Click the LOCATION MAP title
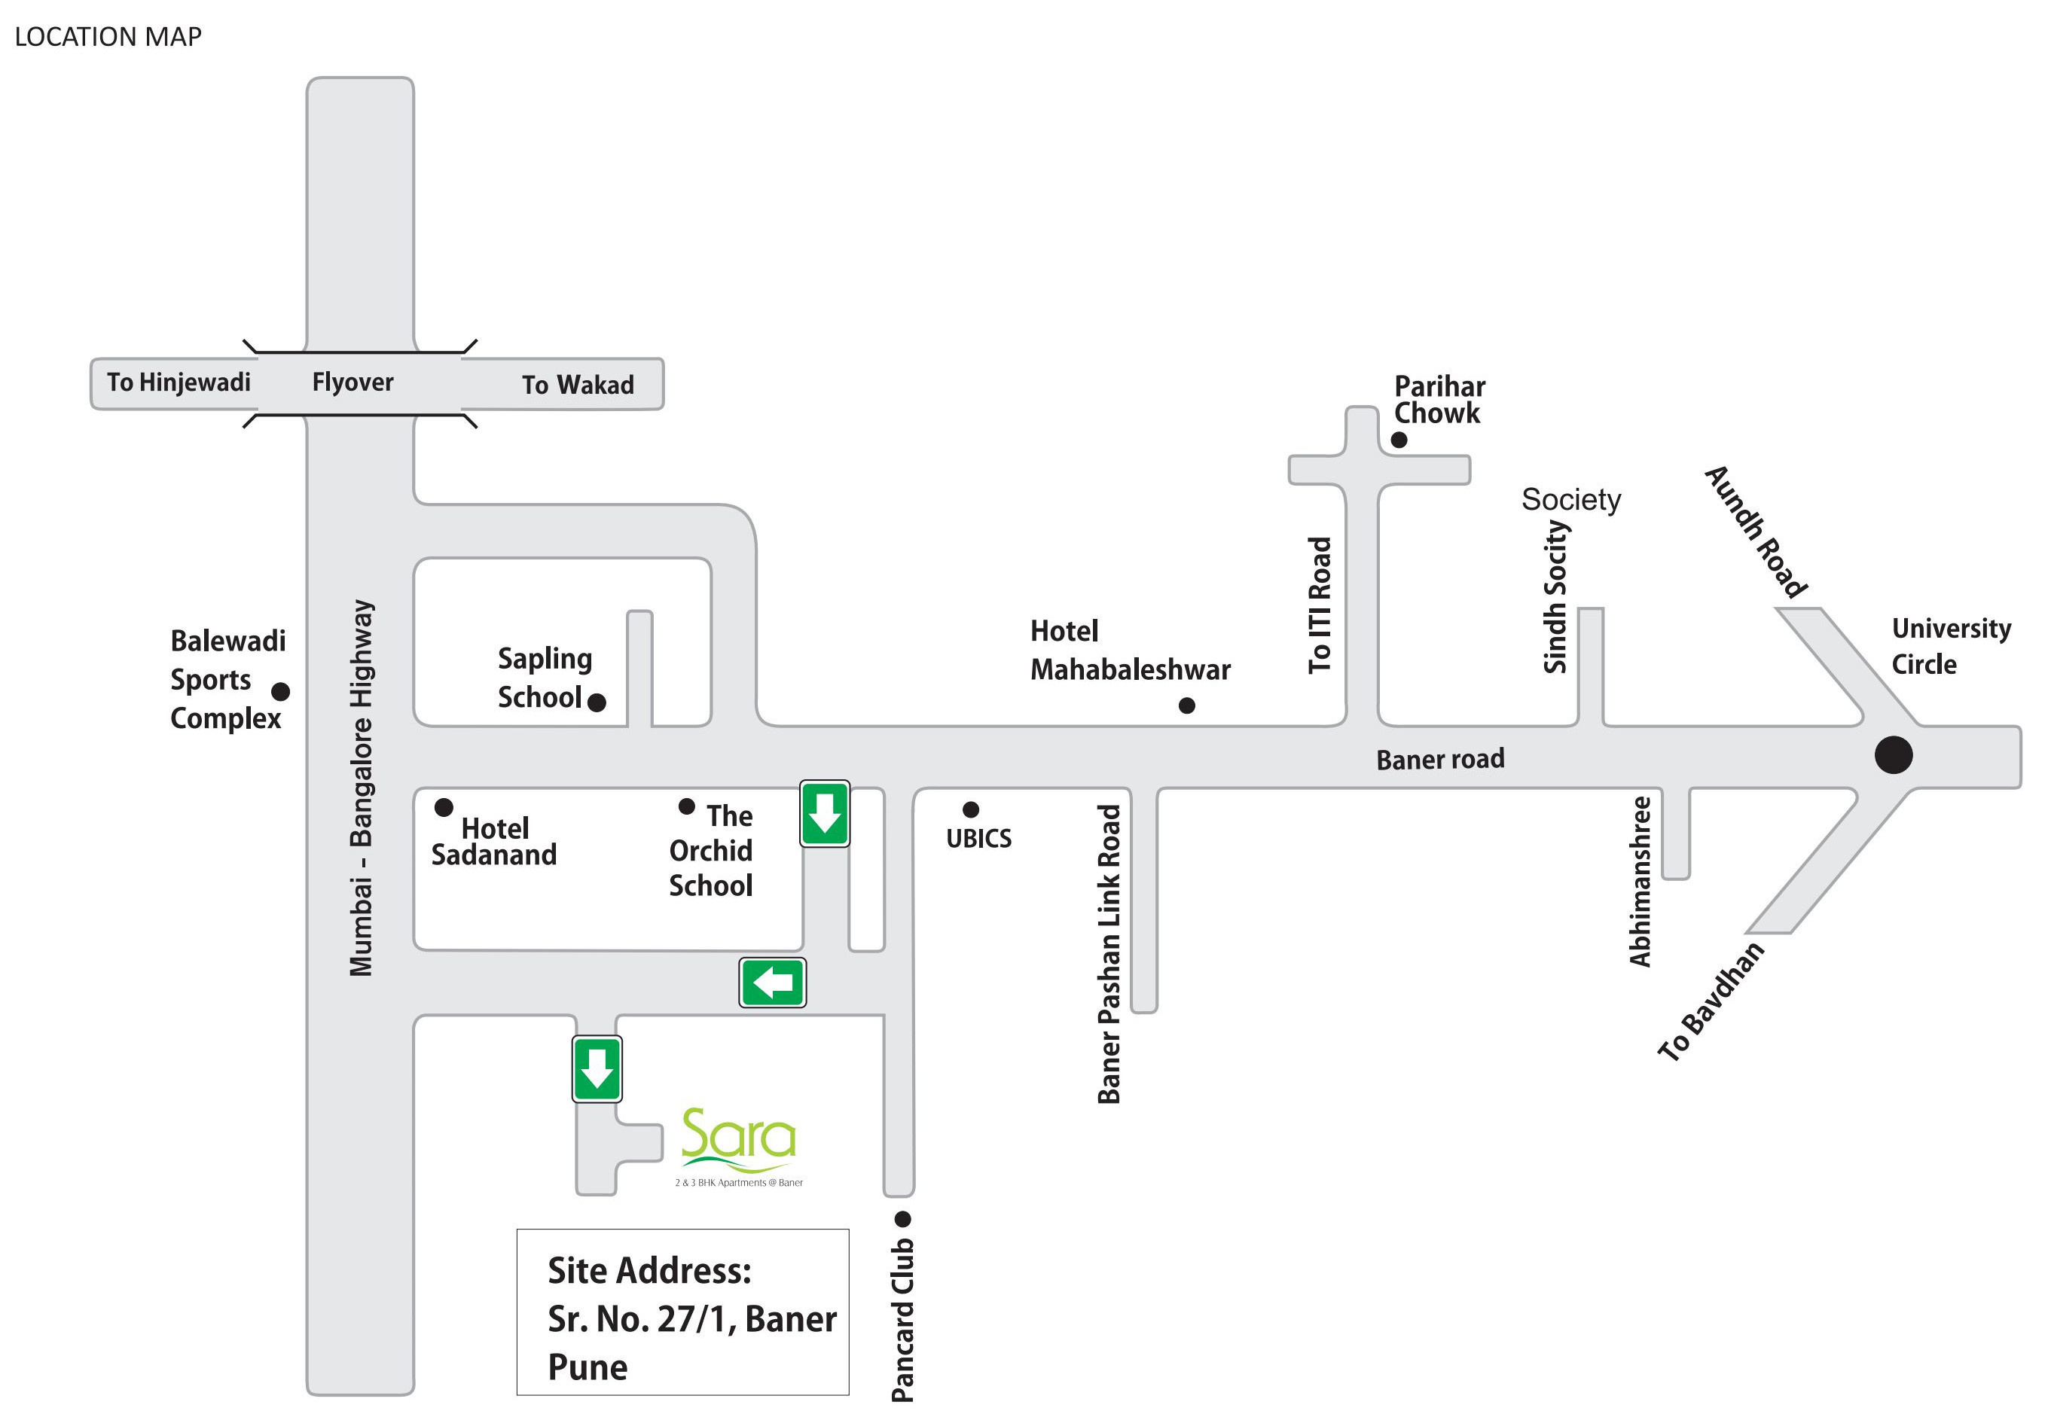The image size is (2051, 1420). click(108, 36)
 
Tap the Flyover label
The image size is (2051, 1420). click(353, 382)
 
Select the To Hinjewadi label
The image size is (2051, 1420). click(179, 382)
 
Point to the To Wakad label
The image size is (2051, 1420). click(578, 384)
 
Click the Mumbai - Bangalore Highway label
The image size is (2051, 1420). click(362, 788)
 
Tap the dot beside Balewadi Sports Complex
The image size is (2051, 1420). click(280, 691)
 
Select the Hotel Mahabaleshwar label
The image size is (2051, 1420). click(1130, 651)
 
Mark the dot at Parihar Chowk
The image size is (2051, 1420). click(1399, 440)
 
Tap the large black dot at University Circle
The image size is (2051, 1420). click(1894, 755)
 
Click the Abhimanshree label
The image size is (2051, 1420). click(1640, 882)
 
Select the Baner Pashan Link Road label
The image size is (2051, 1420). click(1109, 954)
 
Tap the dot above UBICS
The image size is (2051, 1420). click(971, 809)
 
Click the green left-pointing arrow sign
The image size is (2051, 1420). click(772, 983)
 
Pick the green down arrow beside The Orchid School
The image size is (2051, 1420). click(825, 814)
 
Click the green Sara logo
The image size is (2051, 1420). click(739, 1147)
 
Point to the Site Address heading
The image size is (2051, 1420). click(649, 1270)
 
